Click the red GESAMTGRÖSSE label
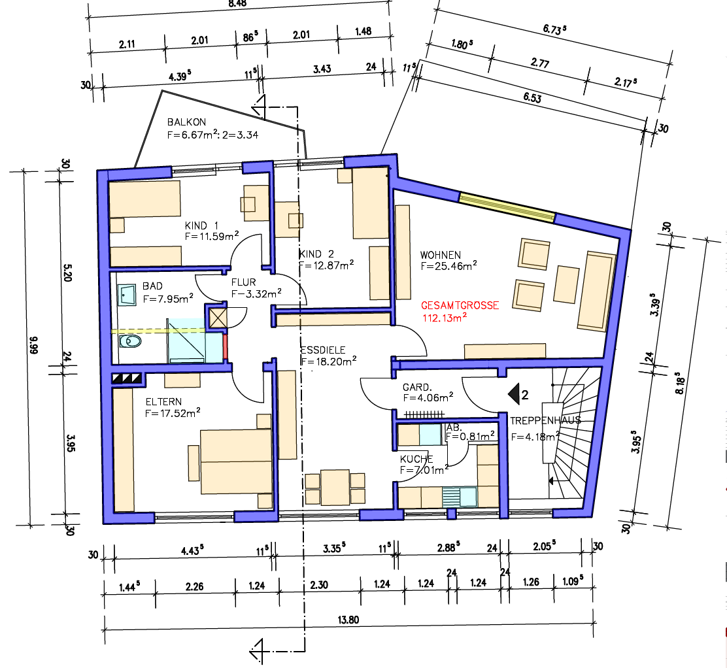460,305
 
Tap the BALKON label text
186,122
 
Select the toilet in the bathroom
130,342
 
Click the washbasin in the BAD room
127,295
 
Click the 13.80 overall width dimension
348,620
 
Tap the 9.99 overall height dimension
33,345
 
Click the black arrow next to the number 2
514,395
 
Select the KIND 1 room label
201,225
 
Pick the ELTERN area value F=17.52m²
173,413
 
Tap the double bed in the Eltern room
236,461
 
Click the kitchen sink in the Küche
459,497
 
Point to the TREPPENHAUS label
545,420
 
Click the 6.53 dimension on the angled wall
532,97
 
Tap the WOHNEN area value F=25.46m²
448,266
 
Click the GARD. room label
417,387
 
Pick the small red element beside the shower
226,347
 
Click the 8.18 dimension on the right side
680,383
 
